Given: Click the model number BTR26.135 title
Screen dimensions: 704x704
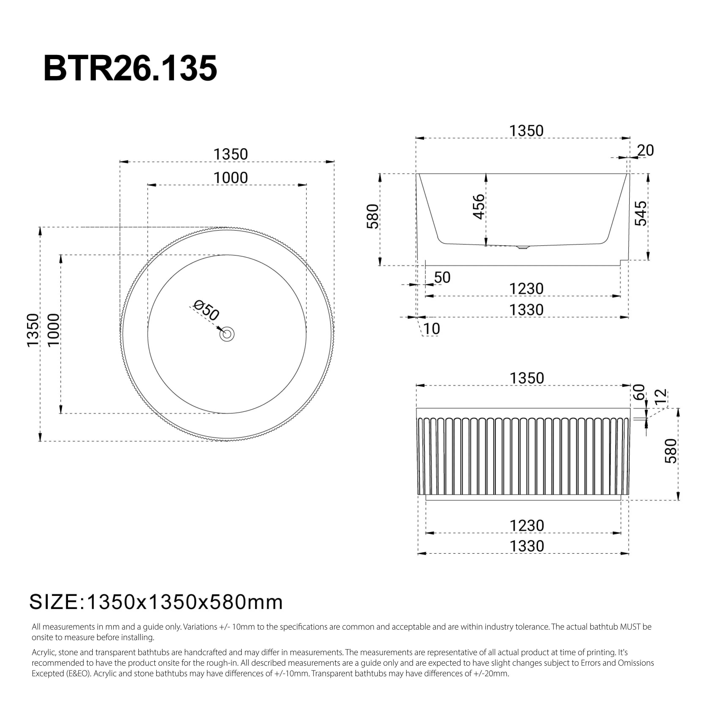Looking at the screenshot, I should (x=130, y=68).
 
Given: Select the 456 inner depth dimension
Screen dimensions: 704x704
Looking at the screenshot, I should (x=479, y=207).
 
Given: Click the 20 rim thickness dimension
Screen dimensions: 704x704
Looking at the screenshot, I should (x=645, y=150).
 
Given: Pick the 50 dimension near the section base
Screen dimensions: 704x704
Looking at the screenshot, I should (x=442, y=278).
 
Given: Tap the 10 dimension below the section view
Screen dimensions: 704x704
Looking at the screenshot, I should (x=432, y=329).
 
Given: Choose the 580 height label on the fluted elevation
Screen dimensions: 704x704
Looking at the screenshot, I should (x=671, y=451).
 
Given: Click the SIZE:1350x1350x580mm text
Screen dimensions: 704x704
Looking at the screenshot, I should (x=156, y=602).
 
